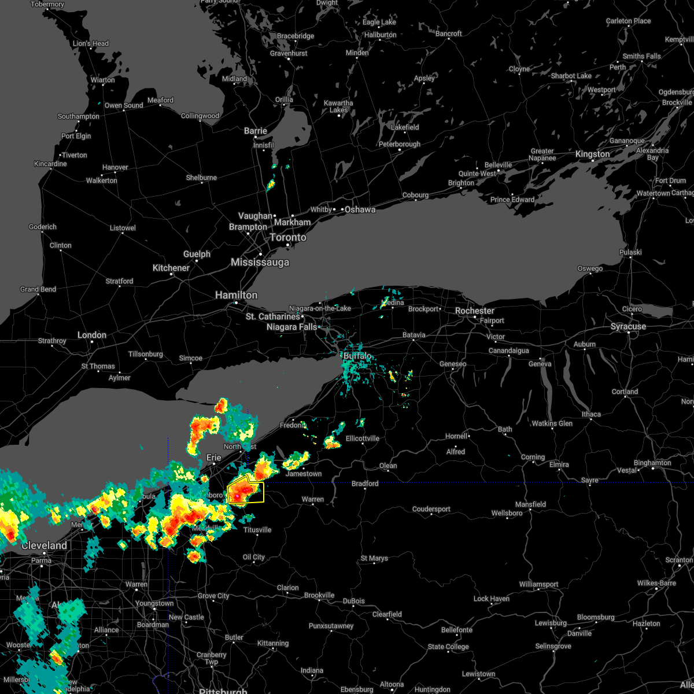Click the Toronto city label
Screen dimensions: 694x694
coord(288,238)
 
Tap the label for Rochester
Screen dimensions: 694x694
coord(474,311)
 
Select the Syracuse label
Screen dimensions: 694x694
coord(628,327)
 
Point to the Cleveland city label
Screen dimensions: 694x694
coord(44,545)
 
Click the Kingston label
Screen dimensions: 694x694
coord(592,154)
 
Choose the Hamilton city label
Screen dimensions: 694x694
coord(236,295)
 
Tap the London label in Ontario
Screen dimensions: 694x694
coord(92,335)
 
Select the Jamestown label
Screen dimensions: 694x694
coord(304,474)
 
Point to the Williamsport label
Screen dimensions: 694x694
coord(538,584)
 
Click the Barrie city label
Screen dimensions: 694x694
coord(255,131)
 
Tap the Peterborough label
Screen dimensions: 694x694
coord(399,144)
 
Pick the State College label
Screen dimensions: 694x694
coord(448,647)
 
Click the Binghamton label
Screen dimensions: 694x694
coord(652,463)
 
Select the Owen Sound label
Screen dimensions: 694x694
coord(124,105)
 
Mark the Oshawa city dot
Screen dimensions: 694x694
coord(341,209)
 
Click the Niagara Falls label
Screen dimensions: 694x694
coord(291,327)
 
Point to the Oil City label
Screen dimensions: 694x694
coord(254,557)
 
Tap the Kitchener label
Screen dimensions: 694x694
coord(171,268)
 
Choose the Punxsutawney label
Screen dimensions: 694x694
coord(331,626)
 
